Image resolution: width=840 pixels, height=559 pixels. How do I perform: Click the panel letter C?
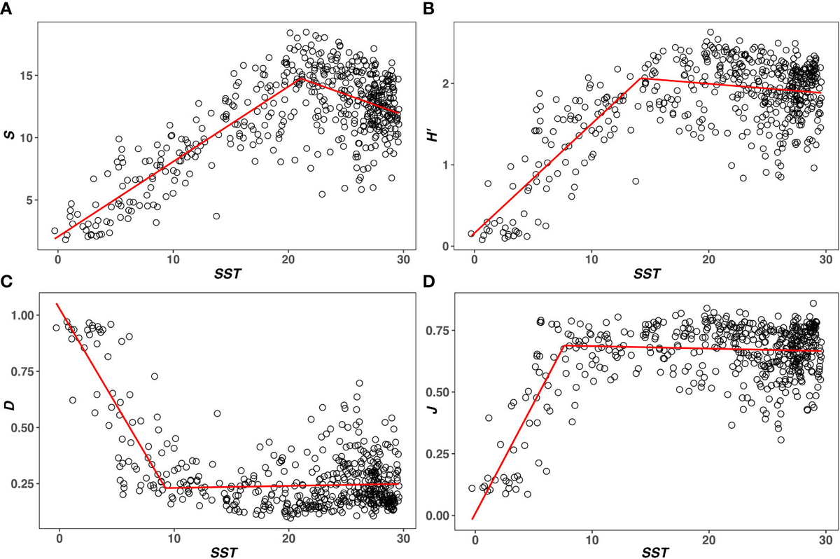tap(6, 282)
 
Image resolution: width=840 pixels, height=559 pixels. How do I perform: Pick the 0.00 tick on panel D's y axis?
tap(443, 516)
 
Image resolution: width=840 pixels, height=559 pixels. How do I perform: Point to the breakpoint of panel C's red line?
tap(165, 488)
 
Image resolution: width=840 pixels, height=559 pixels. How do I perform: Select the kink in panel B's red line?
tap(642, 77)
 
